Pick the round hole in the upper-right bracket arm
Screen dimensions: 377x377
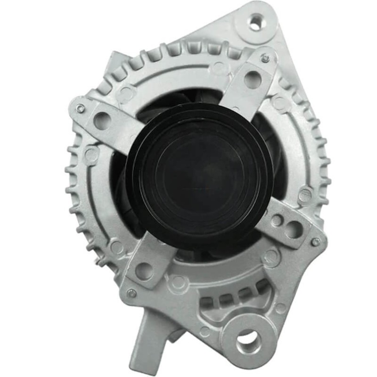(x=253, y=79)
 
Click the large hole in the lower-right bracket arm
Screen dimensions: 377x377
(x=293, y=229)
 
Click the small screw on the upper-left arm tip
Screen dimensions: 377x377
(x=81, y=108)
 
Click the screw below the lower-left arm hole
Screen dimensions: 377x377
(x=132, y=293)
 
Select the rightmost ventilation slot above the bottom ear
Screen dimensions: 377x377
(x=260, y=288)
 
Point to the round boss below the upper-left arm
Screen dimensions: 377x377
(x=91, y=154)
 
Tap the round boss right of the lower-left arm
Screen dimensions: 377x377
(x=178, y=281)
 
